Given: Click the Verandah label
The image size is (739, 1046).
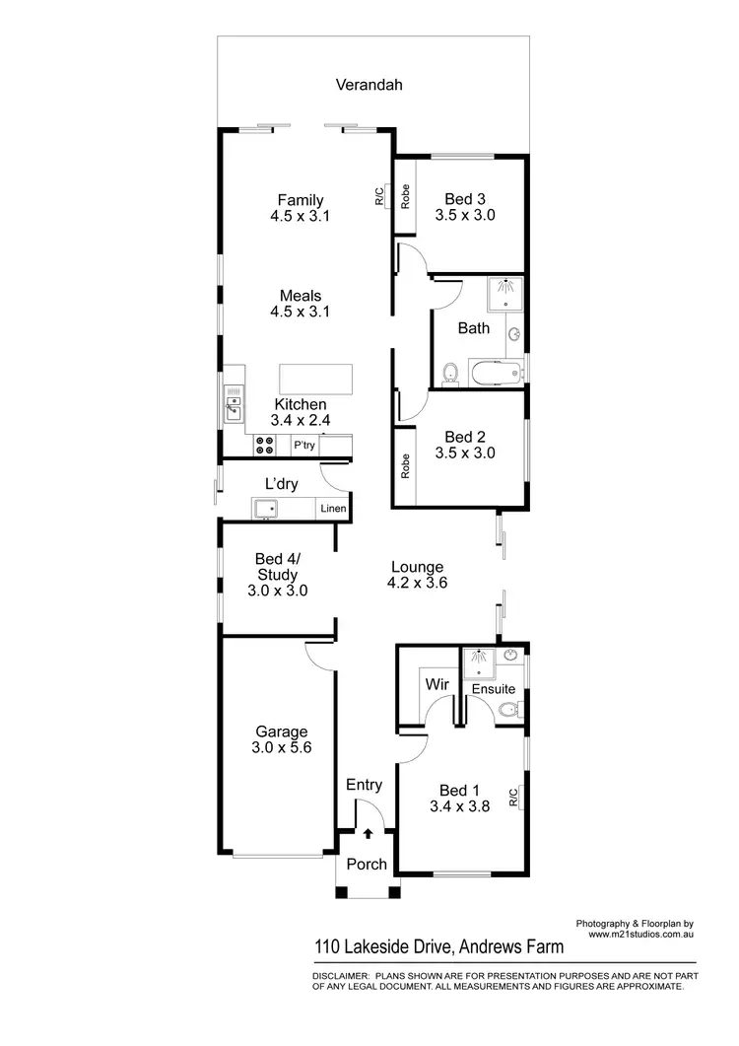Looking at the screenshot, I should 369,85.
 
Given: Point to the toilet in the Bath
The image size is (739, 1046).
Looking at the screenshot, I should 450,372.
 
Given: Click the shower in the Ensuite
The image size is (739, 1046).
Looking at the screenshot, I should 478,659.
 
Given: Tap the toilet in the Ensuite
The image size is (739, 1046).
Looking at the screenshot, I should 509,710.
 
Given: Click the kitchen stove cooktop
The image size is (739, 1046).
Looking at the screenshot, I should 265,446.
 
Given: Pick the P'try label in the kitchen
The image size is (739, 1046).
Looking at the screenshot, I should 304,447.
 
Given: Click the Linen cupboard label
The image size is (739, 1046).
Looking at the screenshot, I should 331,510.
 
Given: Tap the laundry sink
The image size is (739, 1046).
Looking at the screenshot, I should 266,509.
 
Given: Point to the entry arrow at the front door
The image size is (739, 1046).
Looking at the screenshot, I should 368,833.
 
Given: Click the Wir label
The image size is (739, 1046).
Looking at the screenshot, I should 436,682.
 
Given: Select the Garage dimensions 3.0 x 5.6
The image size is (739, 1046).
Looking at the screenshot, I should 282,747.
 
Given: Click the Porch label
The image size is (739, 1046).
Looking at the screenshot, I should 368,865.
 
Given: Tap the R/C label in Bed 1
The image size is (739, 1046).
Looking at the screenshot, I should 514,798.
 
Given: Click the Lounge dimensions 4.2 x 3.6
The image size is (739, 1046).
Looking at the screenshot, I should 417,583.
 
